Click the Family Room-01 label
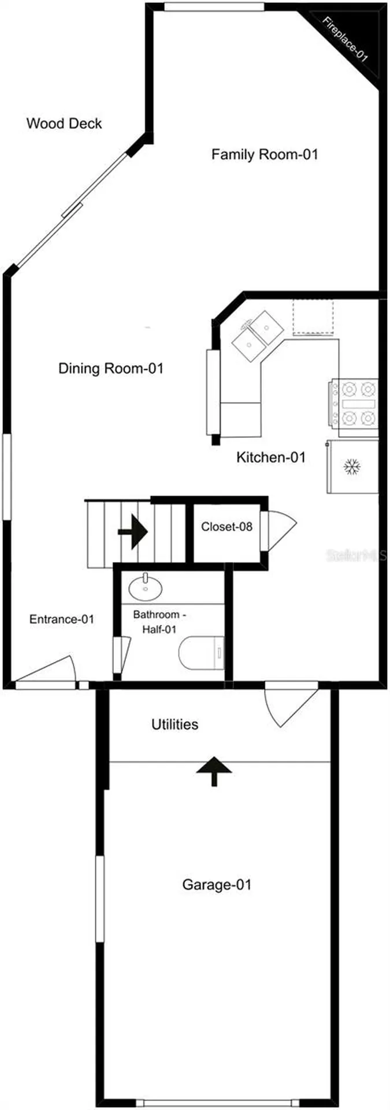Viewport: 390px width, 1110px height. tap(265, 154)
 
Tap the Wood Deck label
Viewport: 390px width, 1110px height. tap(64, 123)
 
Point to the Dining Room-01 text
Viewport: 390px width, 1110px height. tap(111, 368)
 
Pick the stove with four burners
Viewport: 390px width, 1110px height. tap(354, 404)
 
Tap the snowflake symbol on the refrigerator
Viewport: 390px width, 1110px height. tap(351, 467)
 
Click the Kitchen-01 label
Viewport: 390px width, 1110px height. tap(271, 457)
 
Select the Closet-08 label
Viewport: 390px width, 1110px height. tap(227, 527)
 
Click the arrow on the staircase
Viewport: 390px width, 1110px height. tap(133, 531)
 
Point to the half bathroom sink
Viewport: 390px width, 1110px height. tap(145, 587)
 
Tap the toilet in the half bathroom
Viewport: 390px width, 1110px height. tap(201, 653)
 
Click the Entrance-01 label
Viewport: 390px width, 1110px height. tap(62, 619)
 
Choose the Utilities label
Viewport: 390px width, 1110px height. tap(174, 724)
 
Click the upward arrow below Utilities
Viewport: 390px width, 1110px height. tap(214, 771)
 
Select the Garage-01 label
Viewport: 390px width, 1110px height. tap(217, 885)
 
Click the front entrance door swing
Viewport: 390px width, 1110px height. tap(45, 670)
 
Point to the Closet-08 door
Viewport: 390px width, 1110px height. tap(278, 531)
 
